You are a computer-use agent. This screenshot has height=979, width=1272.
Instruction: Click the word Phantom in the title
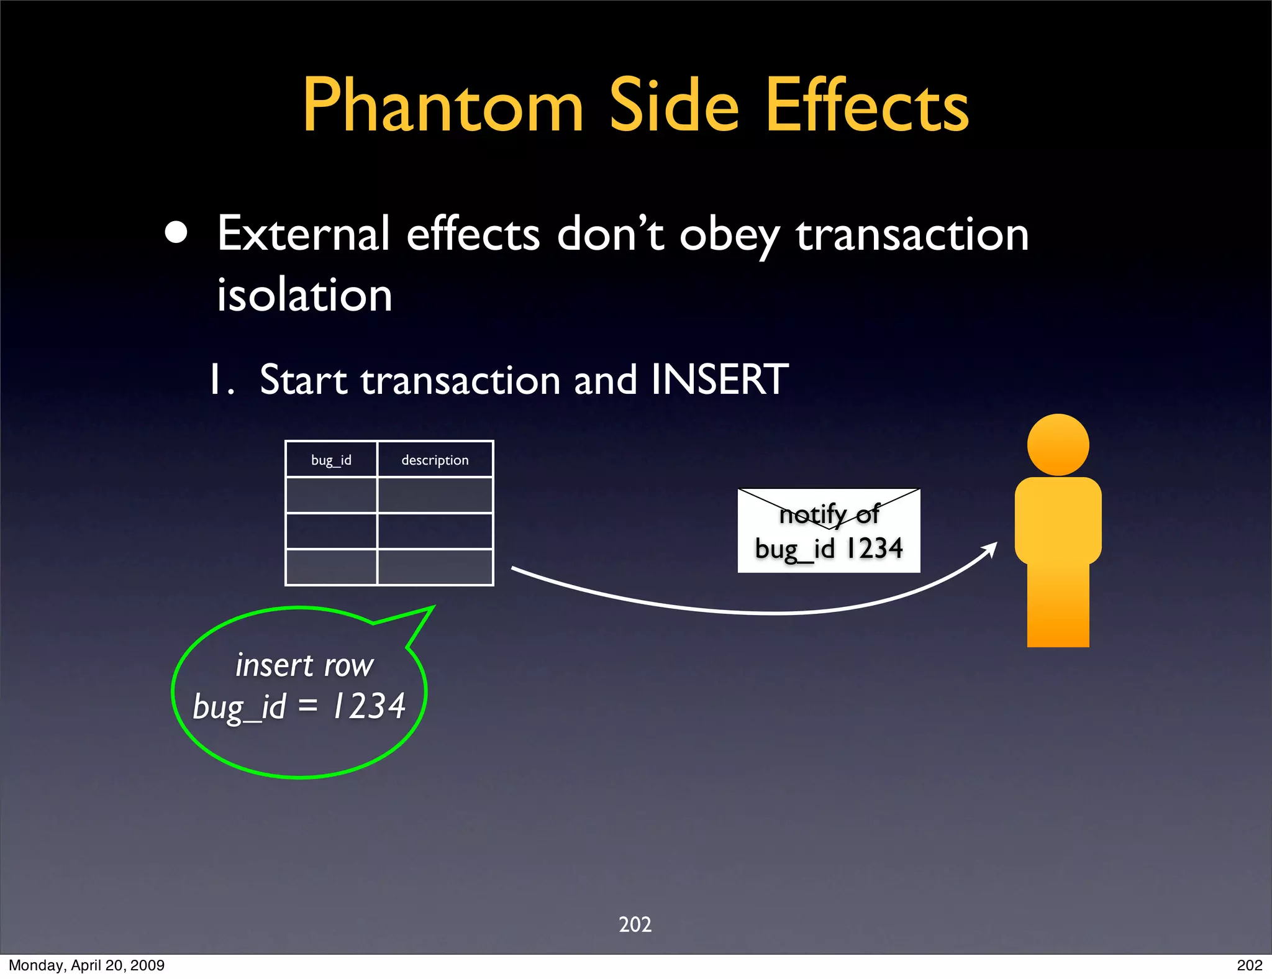(442, 106)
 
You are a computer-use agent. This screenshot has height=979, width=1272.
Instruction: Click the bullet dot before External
(176, 233)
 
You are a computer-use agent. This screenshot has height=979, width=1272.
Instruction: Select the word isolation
(304, 294)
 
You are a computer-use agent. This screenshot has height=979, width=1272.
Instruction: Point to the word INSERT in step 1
(719, 380)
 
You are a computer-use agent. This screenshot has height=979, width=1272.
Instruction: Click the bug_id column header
(331, 460)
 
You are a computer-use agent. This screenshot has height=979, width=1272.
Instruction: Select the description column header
(435, 460)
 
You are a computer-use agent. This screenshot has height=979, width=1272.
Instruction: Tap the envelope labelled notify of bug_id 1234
(829, 530)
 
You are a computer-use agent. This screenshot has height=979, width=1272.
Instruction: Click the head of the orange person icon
(1058, 445)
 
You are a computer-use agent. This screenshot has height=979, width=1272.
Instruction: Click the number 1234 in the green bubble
(369, 706)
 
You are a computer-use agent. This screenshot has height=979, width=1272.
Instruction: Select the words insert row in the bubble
(304, 665)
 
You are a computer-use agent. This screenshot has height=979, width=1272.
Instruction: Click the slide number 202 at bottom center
(635, 924)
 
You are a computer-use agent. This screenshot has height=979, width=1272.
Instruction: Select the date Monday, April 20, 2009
(86, 965)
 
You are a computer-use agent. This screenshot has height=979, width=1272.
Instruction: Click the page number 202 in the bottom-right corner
(1249, 965)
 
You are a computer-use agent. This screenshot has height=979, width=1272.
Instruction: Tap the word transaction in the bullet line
(912, 234)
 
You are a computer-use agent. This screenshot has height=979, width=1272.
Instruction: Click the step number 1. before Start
(222, 380)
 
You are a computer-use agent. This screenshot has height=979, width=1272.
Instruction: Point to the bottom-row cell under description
(435, 567)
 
